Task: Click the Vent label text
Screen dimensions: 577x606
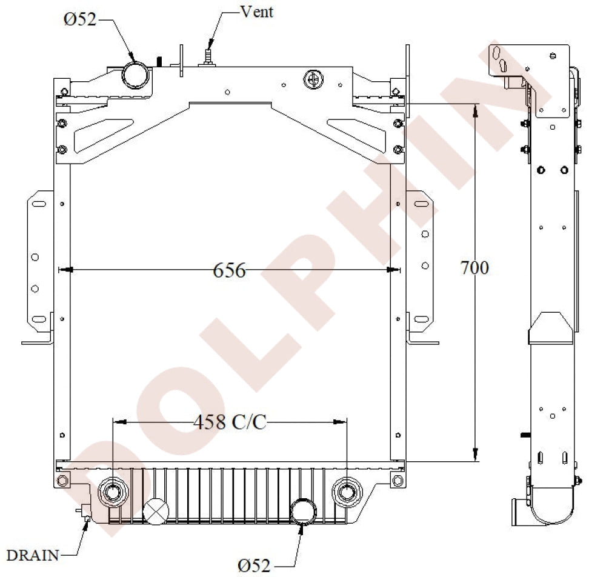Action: [x=257, y=12]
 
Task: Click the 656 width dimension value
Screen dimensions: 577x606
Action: [x=229, y=270]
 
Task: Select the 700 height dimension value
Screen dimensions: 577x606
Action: [x=474, y=267]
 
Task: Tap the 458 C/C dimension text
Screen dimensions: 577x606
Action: [x=230, y=422]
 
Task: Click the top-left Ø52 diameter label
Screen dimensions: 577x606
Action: [x=80, y=19]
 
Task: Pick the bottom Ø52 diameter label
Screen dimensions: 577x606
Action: [x=254, y=565]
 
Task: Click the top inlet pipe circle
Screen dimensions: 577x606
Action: [x=136, y=74]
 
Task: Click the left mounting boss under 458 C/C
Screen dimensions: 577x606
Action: [x=113, y=492]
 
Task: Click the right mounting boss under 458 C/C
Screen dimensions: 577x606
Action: [x=346, y=492]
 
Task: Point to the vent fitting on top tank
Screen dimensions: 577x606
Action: [x=208, y=56]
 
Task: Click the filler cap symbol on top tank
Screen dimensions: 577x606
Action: [x=313, y=79]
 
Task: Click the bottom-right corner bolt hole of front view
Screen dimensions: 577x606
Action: [x=397, y=482]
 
